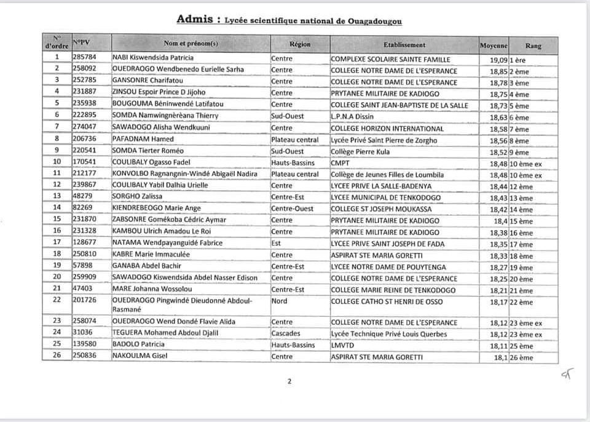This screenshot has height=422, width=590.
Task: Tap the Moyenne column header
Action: pyautogui.click(x=494, y=46)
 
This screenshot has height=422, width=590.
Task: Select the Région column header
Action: pyautogui.click(x=299, y=44)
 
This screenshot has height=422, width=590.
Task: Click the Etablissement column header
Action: pyautogui.click(x=404, y=45)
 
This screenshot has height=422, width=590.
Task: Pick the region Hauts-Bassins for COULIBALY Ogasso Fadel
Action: pyautogui.click(x=293, y=163)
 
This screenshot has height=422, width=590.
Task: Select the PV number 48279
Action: pyautogui.click(x=83, y=197)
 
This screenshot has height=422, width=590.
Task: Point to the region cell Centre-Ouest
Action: pyautogui.click(x=294, y=209)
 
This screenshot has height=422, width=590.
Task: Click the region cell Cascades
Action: pyautogui.click(x=286, y=334)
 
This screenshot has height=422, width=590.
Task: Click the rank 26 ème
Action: pyautogui.click(x=521, y=357)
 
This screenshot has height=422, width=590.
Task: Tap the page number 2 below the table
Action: pyautogui.click(x=289, y=381)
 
